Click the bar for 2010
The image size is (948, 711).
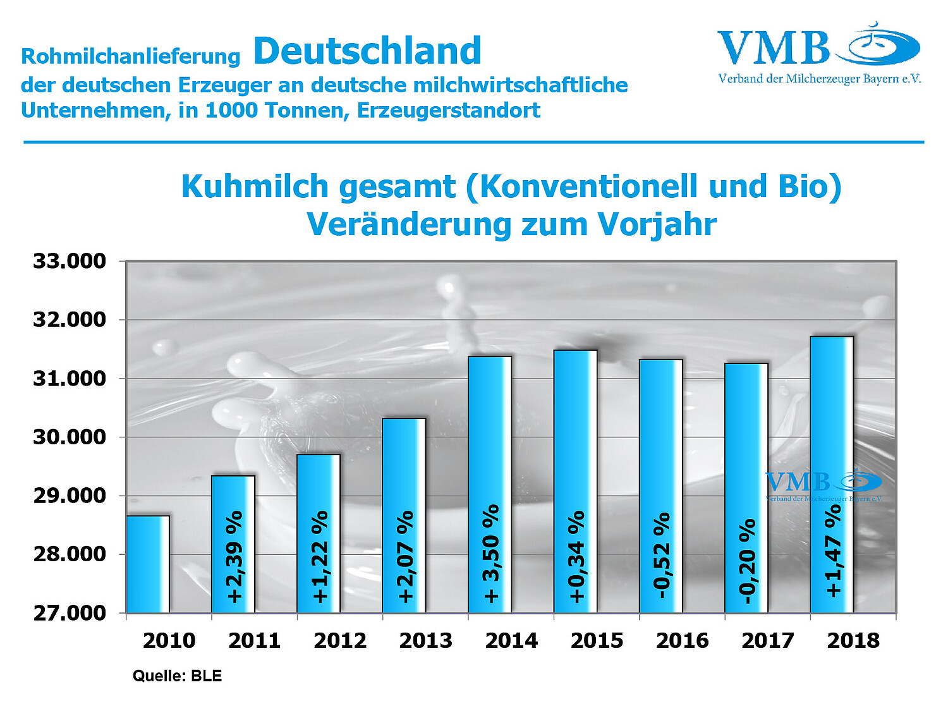148,564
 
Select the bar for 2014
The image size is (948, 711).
490,485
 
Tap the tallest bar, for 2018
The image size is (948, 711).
832,474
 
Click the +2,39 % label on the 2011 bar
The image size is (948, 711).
234,557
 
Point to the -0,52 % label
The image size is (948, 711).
662,556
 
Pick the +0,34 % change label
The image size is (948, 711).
576,557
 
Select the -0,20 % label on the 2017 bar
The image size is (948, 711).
747,561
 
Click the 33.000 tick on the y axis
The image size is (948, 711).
70,261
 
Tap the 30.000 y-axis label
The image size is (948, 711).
70,437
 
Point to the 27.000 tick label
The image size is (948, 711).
70,612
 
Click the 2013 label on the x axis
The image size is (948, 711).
426,641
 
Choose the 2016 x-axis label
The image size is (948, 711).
683,641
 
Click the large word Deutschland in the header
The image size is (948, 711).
367,51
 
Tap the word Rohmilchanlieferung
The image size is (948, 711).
131,56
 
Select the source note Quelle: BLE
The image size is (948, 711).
177,676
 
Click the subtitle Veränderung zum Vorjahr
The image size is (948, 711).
511,224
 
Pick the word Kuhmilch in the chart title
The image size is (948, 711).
255,186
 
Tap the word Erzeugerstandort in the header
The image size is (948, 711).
449,111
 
